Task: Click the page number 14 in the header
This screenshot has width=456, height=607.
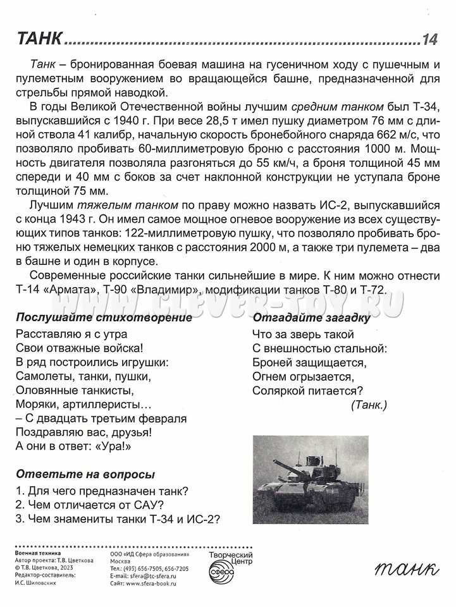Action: [429, 40]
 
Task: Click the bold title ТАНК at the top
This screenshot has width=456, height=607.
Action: [39, 39]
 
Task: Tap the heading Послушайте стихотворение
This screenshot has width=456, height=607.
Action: [104, 317]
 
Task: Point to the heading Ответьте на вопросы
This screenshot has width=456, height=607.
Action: [85, 474]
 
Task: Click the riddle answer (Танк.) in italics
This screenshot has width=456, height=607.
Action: [369, 405]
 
